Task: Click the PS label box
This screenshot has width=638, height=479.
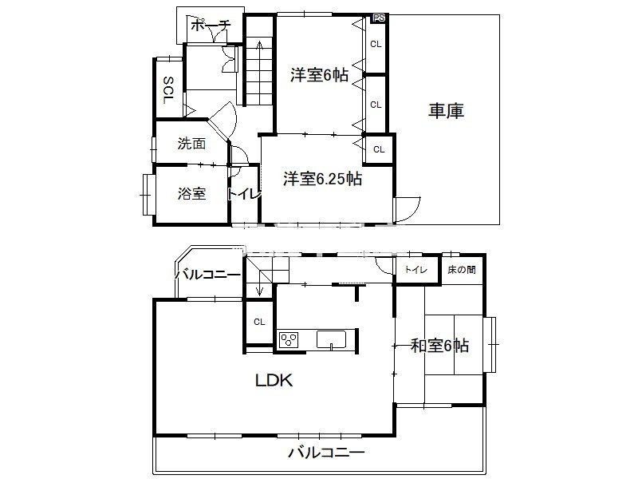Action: pyautogui.click(x=379, y=18)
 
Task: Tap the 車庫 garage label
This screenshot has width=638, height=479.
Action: pyautogui.click(x=446, y=111)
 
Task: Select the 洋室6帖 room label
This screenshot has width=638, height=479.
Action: pyautogui.click(x=320, y=75)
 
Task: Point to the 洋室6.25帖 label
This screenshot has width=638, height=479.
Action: pyautogui.click(x=323, y=178)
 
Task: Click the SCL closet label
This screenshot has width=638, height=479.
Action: pyautogui.click(x=168, y=90)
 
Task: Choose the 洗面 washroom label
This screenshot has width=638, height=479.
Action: pyautogui.click(x=191, y=144)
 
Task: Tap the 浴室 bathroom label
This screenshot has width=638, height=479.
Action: pyautogui.click(x=191, y=193)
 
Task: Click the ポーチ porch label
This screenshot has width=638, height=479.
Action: pyautogui.click(x=211, y=26)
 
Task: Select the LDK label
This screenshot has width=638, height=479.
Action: pyautogui.click(x=274, y=381)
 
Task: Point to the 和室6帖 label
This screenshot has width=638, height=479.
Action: pyautogui.click(x=440, y=346)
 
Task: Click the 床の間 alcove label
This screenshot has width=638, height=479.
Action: pyautogui.click(x=462, y=270)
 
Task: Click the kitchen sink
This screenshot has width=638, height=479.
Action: pyautogui.click(x=331, y=340)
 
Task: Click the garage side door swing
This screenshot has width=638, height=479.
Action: pyautogui.click(x=408, y=209)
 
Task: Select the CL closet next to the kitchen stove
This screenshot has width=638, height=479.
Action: pyautogui.click(x=259, y=323)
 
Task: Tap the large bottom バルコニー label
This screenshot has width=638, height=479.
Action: pyautogui.click(x=326, y=452)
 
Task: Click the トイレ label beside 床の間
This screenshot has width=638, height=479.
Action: pyautogui.click(x=415, y=269)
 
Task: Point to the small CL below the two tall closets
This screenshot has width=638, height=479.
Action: pyautogui.click(x=379, y=149)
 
